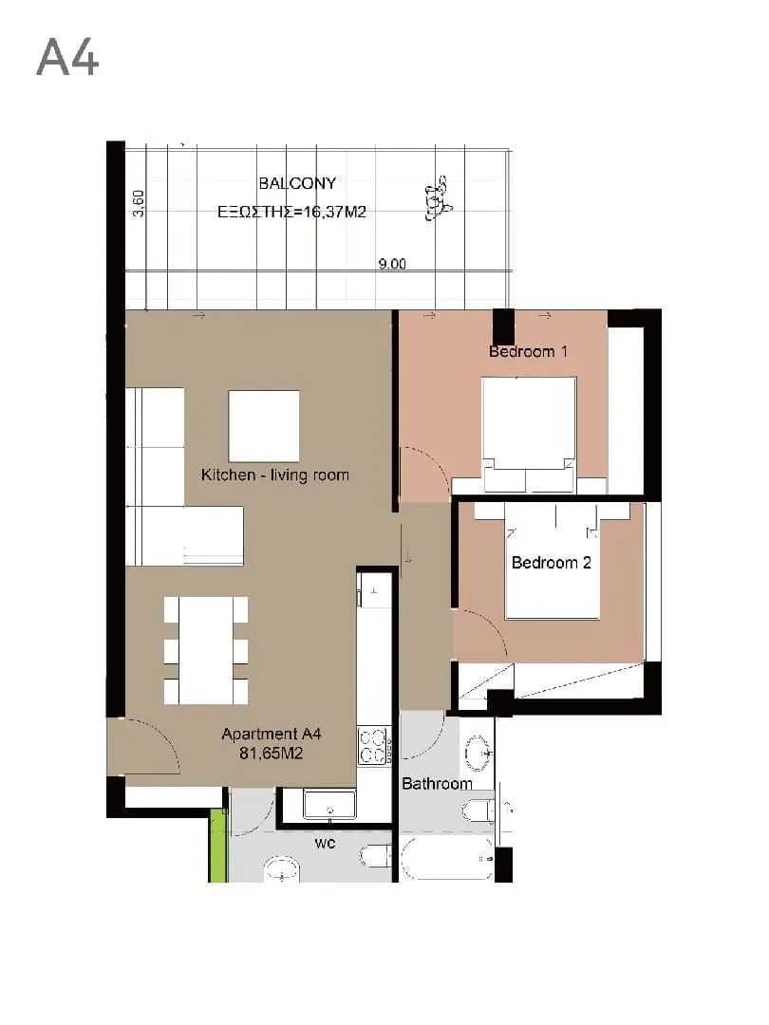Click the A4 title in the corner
pyautogui.click(x=67, y=57)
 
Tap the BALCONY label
pyautogui.click(x=297, y=184)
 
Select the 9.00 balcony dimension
pyautogui.click(x=392, y=264)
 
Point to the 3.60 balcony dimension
pyautogui.click(x=138, y=203)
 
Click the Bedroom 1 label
pyautogui.click(x=529, y=352)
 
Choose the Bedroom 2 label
pyautogui.click(x=552, y=563)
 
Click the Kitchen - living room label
pyautogui.click(x=274, y=475)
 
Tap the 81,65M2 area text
pyautogui.click(x=271, y=754)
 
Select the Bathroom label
pyautogui.click(x=437, y=784)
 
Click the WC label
pyautogui.click(x=325, y=844)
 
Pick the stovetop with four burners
pyautogui.click(x=373, y=746)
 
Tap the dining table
pyautogui.click(x=206, y=650)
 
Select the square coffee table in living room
pyautogui.click(x=264, y=426)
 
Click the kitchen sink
pyautogui.click(x=329, y=804)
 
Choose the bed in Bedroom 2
pyautogui.click(x=552, y=561)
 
